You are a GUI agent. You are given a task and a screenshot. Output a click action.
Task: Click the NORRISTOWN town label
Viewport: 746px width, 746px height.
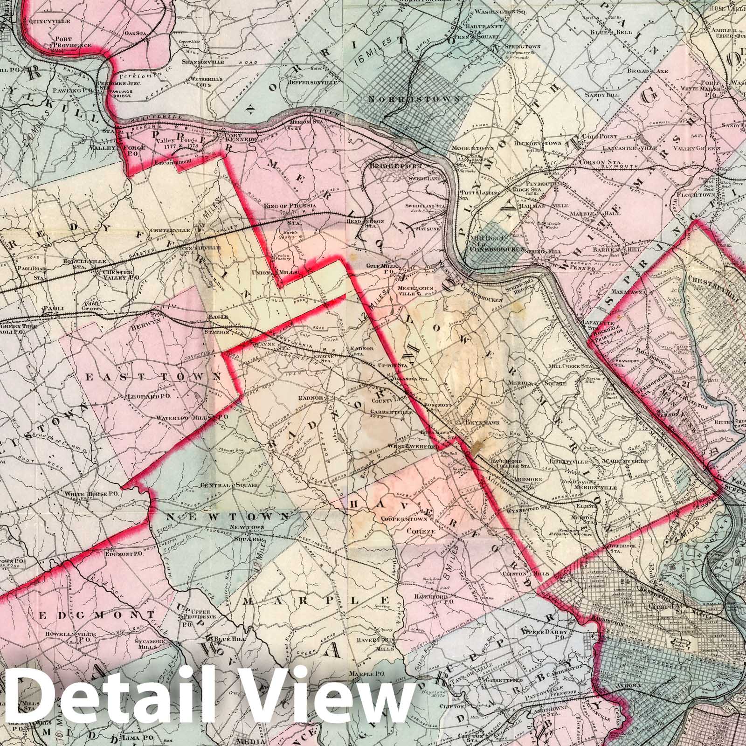[x=414, y=99]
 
